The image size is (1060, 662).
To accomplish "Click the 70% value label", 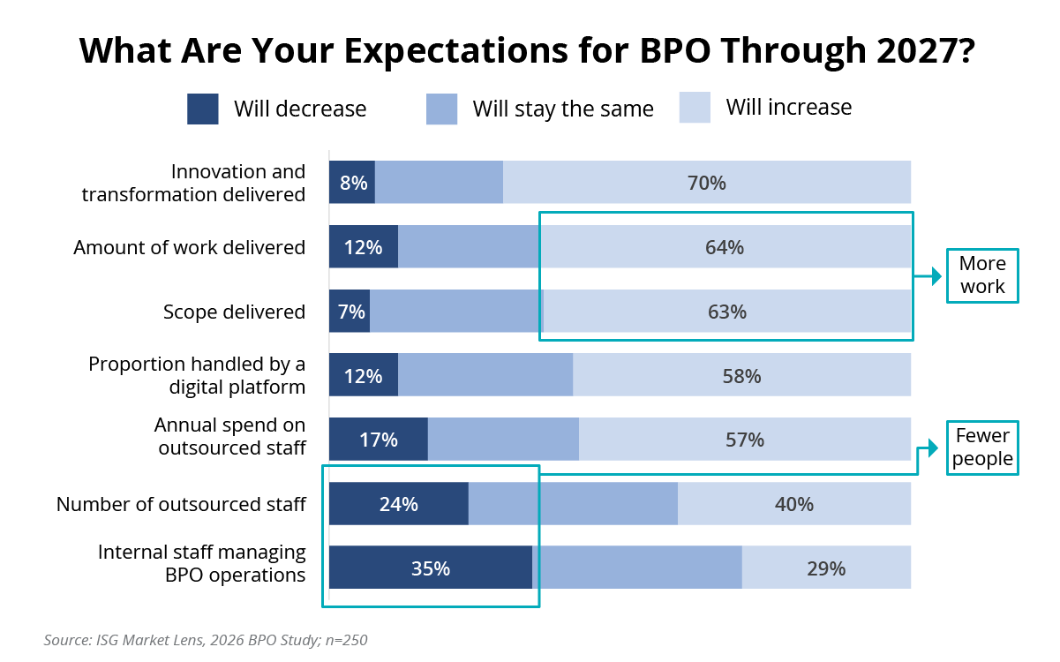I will point(706,183).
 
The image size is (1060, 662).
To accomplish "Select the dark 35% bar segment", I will point(431,568).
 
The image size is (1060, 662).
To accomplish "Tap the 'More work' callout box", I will point(982,275).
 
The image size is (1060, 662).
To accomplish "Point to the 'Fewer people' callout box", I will point(982,448).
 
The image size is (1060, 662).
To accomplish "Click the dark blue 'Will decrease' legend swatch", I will point(203,109).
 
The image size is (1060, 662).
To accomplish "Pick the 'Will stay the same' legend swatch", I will point(441,109).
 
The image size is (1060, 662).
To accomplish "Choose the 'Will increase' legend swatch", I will point(695,108).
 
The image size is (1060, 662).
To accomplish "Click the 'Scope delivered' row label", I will point(234,312).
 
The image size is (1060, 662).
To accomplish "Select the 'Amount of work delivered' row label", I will point(190,247).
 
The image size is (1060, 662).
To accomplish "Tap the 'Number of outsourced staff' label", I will point(181,504).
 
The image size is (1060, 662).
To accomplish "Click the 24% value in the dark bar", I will point(398,504).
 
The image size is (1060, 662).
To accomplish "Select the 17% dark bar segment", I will point(379,440).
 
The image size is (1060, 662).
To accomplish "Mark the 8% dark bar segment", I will point(352,183).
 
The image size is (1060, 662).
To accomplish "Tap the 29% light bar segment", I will point(826,568).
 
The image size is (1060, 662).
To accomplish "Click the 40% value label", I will point(793,504).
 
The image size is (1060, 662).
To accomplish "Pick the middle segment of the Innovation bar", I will point(439,183).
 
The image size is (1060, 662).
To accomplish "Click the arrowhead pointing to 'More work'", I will point(937,277).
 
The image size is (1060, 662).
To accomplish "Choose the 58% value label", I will point(741,376).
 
